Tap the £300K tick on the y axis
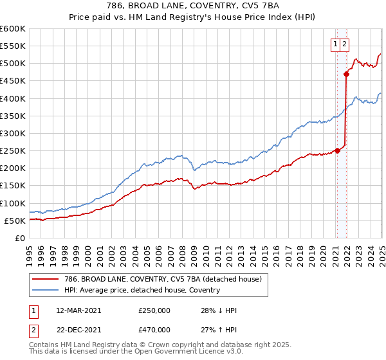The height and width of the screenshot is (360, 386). (13, 133)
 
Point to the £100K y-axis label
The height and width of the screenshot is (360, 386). (13, 203)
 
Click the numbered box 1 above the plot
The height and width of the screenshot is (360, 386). (336, 44)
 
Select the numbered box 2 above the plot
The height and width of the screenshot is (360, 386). (345, 44)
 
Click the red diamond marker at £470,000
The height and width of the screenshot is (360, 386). (346, 74)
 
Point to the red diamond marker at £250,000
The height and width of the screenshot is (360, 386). (337, 150)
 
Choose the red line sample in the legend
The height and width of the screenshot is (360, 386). (44, 280)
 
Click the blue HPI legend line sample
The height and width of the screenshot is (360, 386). (44, 290)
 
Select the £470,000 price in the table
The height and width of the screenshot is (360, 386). (154, 330)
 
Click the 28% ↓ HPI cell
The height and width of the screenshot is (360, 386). (219, 310)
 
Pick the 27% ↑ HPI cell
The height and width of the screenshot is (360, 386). (219, 330)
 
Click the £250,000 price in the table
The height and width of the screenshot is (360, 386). (154, 310)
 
